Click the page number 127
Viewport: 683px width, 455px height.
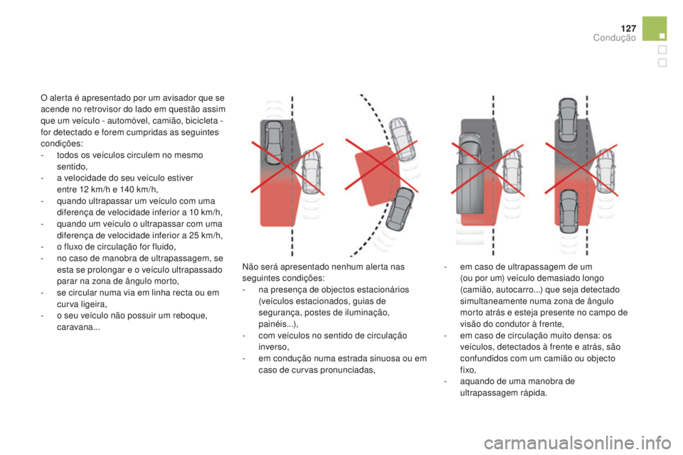[628, 28]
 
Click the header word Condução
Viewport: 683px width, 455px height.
[614, 38]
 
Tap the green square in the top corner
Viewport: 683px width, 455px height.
[654, 28]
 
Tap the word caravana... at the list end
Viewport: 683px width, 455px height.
[78, 328]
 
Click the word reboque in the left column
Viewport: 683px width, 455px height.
[191, 316]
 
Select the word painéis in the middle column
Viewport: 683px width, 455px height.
[272, 324]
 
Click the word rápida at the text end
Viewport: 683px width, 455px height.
[533, 393]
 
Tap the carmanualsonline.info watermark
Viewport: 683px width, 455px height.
[578, 443]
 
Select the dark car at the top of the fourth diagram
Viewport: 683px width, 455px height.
[568, 119]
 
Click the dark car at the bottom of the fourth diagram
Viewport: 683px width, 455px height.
[569, 211]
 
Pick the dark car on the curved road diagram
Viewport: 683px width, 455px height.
[401, 209]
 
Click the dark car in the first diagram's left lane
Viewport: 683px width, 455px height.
[273, 143]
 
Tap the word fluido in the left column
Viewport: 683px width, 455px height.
[163, 247]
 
